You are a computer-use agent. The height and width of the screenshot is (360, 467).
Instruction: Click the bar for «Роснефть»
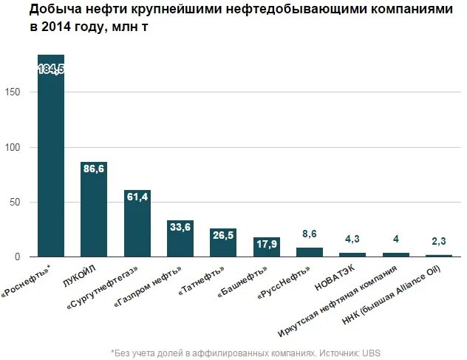pyautogui.click(x=51, y=163)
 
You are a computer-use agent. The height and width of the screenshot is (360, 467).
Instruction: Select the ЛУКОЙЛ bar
pyautogui.click(x=94, y=214)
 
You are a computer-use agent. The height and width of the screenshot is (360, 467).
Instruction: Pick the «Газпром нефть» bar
pyautogui.click(x=180, y=241)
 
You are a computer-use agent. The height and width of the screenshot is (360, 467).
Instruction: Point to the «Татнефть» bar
pyautogui.click(x=223, y=244)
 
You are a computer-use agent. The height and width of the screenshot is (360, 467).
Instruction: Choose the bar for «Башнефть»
pyautogui.click(x=266, y=248)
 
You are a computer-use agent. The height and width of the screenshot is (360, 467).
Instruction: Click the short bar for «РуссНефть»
pyautogui.click(x=310, y=252)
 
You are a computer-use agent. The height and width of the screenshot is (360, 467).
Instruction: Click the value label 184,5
pyautogui.click(x=51, y=69)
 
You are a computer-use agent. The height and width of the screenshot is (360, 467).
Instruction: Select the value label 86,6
pyautogui.click(x=94, y=169)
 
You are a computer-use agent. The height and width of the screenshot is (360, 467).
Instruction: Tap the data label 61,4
pyautogui.click(x=137, y=197)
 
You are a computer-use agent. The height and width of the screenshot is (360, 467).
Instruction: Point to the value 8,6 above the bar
pyautogui.click(x=310, y=234)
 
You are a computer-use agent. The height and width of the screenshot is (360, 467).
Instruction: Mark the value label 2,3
pyautogui.click(x=439, y=241)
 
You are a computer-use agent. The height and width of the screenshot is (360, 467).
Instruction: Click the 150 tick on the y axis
pyautogui.click(x=20, y=92)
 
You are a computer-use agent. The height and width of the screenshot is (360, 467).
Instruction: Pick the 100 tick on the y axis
pyautogui.click(x=20, y=147)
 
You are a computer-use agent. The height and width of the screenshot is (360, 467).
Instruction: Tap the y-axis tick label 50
pyautogui.click(x=22, y=202)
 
